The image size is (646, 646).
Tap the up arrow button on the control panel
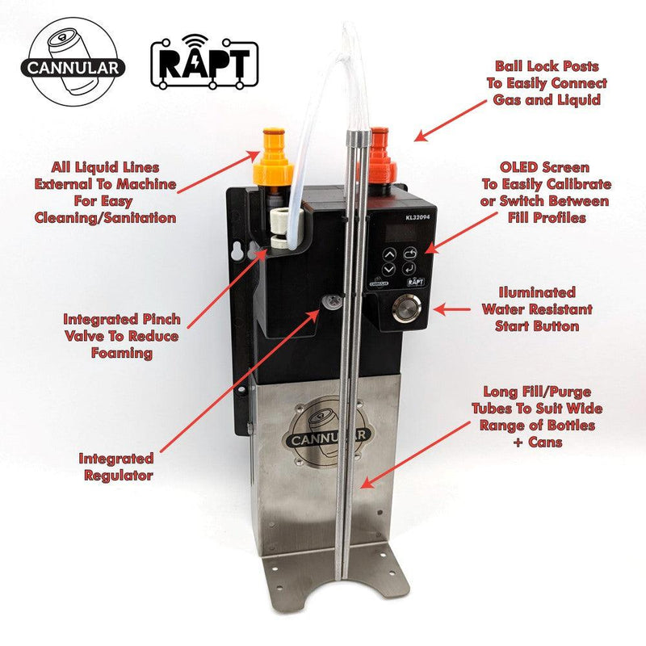[390, 252]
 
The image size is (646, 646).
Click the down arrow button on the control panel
[390, 268]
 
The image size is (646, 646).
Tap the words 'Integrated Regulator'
[117, 467]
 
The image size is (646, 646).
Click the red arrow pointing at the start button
[450, 308]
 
